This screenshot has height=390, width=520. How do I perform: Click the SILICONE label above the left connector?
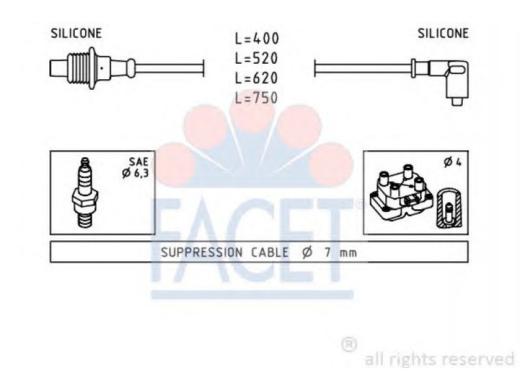[x=76, y=33]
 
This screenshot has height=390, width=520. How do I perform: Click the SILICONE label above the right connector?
[x=443, y=33]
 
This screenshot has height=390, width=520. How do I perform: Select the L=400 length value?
[x=257, y=38]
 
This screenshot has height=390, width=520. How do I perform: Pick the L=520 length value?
[x=256, y=58]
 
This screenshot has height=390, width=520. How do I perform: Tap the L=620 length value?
[x=256, y=78]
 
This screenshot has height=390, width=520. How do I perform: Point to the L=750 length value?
[x=256, y=98]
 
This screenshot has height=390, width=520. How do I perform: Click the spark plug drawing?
[x=85, y=192]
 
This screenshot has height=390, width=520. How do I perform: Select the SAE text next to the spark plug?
[x=138, y=161]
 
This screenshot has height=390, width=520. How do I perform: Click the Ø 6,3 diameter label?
[x=135, y=173]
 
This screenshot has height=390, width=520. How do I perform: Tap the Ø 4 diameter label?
[x=453, y=162]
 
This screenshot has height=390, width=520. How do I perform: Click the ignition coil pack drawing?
[x=402, y=192]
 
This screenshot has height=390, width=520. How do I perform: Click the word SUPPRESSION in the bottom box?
[x=202, y=253]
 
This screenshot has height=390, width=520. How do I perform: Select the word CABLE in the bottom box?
[x=270, y=253]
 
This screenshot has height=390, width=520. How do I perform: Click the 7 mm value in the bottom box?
[x=341, y=253]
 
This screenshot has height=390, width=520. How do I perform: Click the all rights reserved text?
[x=440, y=359]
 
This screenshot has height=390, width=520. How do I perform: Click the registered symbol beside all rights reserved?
[x=349, y=344]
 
